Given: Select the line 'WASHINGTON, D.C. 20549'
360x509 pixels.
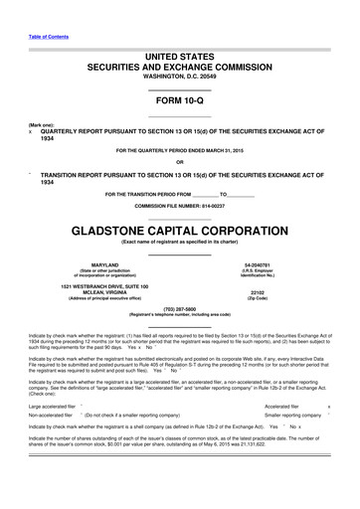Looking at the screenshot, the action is [179, 76].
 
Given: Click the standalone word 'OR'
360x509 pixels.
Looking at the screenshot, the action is [179, 162].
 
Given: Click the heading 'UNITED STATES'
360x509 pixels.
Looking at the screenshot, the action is [179, 55].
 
